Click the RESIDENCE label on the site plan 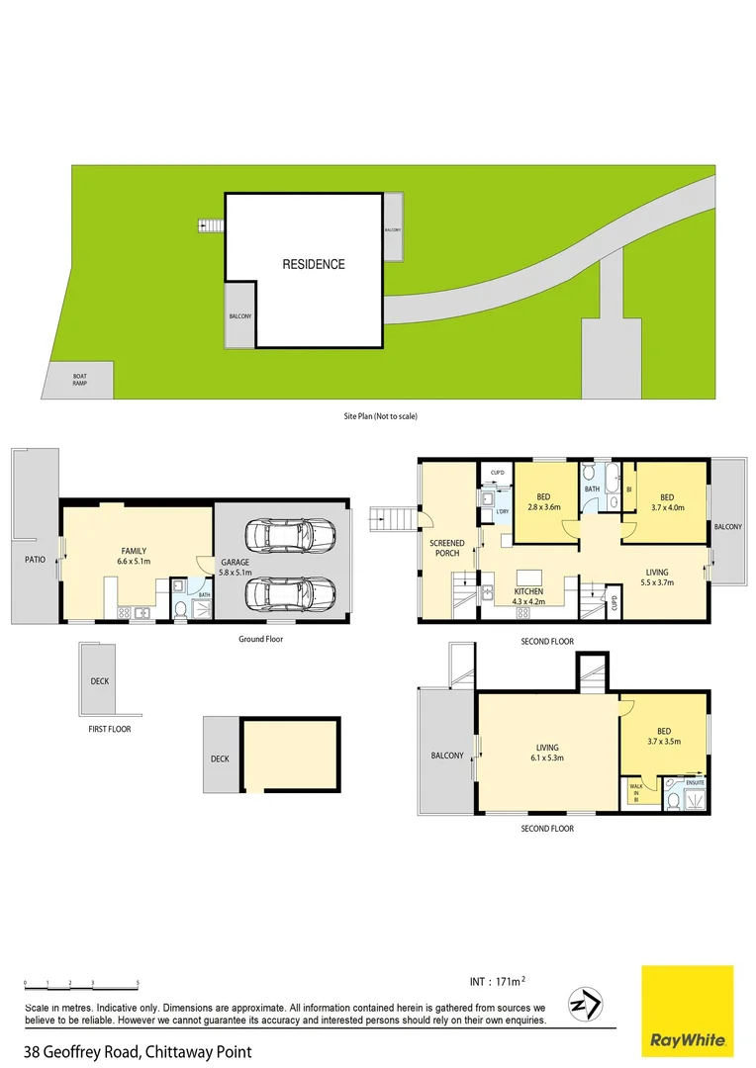(x=314, y=264)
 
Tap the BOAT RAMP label (x=80, y=380)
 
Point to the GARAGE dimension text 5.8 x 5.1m (x=236, y=573)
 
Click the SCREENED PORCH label (x=446, y=549)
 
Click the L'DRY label (x=502, y=511)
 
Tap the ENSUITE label (x=696, y=783)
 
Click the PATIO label (x=35, y=559)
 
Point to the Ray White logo (x=688, y=1010)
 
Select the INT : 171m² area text (x=497, y=981)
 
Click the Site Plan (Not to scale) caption (x=374, y=416)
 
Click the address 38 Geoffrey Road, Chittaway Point (x=138, y=1052)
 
